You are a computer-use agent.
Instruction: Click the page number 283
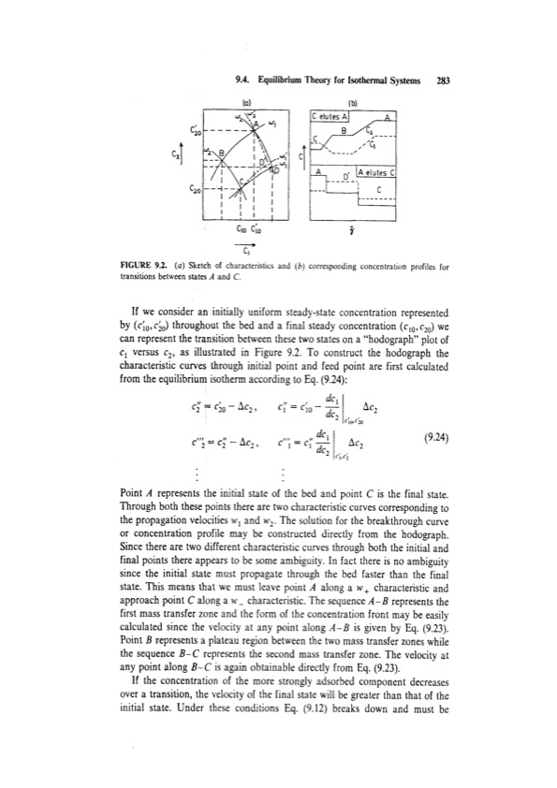tap(443, 81)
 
